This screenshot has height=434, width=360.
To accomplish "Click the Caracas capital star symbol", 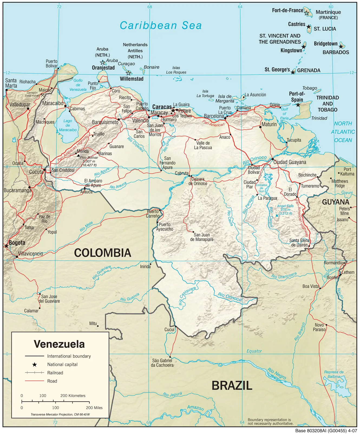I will pyautogui.click(x=173, y=110).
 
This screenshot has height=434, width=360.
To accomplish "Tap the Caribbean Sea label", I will pyautogui.click(x=161, y=25).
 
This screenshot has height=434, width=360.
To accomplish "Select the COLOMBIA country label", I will pyautogui.click(x=103, y=253).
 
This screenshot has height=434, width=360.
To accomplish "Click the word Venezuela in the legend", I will pyautogui.click(x=59, y=344).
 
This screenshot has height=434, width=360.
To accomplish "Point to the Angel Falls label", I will pyautogui.click(x=285, y=206).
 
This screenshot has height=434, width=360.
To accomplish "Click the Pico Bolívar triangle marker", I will pyautogui.click(x=78, y=156).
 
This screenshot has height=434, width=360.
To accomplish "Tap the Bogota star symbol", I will pyautogui.click(x=6, y=246).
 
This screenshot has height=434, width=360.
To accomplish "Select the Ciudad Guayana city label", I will pyautogui.click(x=290, y=162).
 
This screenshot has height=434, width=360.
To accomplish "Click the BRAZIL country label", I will pyautogui.click(x=232, y=386).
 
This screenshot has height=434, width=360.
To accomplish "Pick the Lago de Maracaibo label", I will pyautogui.click(x=68, y=125).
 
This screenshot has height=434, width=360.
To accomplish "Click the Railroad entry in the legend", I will pyautogui.click(x=55, y=373).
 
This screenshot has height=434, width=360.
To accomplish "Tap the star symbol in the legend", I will pyautogui.click(x=34, y=365).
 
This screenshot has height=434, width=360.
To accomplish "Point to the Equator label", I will pyautogui.click(x=254, y=351).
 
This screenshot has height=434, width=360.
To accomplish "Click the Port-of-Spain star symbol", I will pyautogui.click(x=298, y=105).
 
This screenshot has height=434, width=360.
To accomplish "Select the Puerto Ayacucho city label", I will pyautogui.click(x=165, y=227).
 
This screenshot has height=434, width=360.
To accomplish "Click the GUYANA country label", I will pyautogui.click(x=335, y=202).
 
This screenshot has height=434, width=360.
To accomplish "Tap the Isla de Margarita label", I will pyautogui.click(x=225, y=99).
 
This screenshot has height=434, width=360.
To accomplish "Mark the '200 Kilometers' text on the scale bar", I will pyautogui.click(x=73, y=396).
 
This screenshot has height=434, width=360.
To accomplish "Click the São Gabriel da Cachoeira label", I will pyautogui.click(x=162, y=363).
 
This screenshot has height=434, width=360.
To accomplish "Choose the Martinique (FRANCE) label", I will pyautogui.click(x=328, y=14).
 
